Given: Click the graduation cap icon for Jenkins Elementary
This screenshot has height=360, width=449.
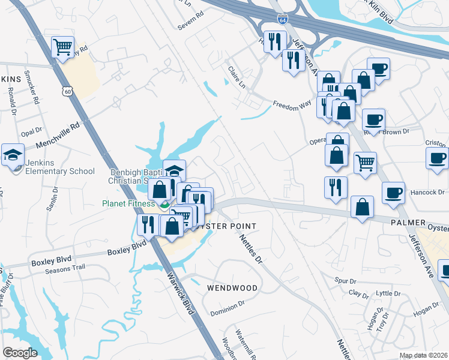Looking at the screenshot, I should point(13,155).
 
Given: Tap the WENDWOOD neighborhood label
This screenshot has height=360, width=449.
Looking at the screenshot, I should point(232,288).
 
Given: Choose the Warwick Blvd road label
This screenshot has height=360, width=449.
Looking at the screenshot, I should point(182,294).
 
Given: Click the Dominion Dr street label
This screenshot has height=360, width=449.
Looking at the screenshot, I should point(227,312).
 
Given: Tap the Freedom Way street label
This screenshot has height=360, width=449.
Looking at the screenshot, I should point(292,104).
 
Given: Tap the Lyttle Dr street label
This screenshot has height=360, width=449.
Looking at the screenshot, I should point(388,293).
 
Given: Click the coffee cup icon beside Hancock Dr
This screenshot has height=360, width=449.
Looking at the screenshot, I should point(393,193).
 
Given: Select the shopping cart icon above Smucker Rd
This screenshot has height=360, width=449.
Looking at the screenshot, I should point(62,47).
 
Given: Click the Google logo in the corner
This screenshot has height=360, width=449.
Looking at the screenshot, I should point(20,353).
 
